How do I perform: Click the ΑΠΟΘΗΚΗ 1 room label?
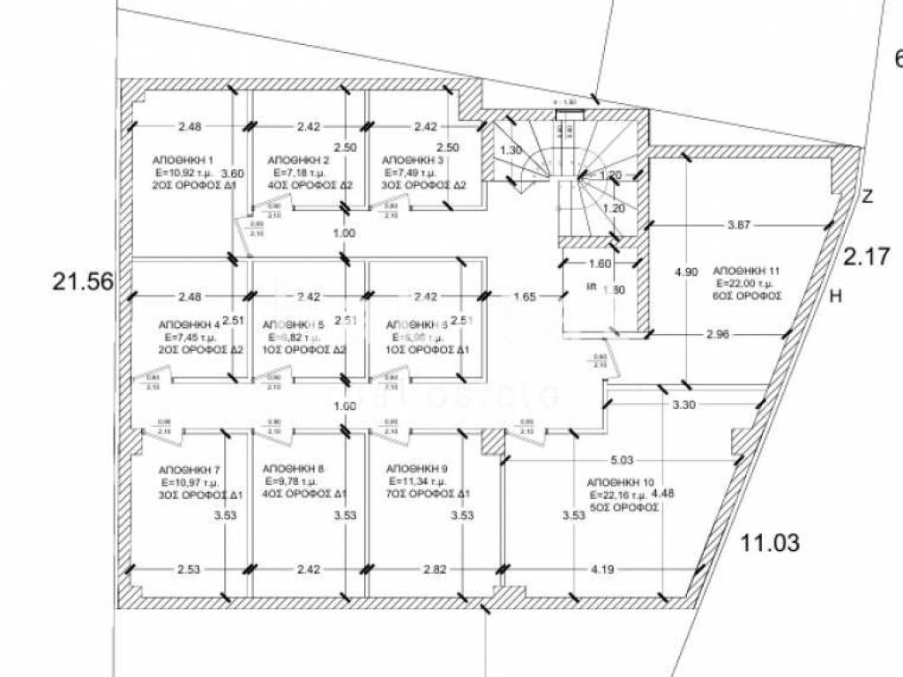click(183, 160)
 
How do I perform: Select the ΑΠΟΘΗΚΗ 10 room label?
click(620, 483)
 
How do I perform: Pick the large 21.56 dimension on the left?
click(84, 282)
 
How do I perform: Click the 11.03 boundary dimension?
click(771, 542)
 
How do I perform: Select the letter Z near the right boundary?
click(867, 197)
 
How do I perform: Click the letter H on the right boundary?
click(836, 297)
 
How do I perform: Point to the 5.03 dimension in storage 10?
click(622, 459)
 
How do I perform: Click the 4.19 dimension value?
click(602, 569)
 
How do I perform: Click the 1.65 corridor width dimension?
click(525, 297)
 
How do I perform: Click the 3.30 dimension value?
click(684, 405)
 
